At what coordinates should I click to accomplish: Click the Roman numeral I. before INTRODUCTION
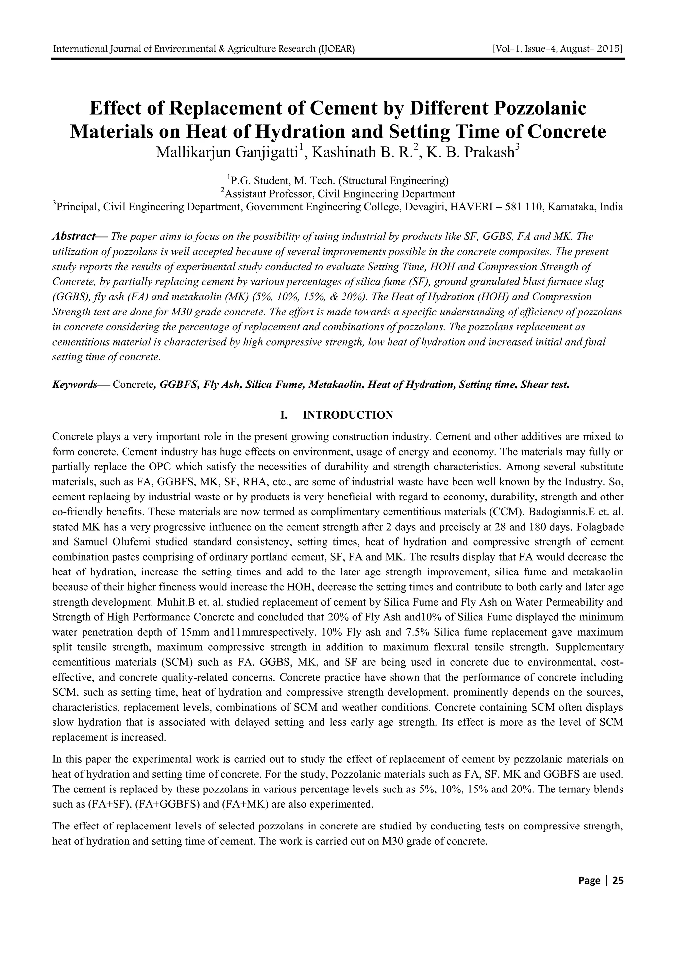(x=285, y=415)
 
